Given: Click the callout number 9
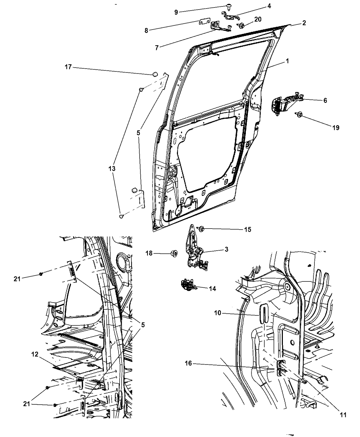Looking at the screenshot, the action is click(x=176, y=12).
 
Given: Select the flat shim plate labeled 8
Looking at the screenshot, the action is click(x=205, y=21).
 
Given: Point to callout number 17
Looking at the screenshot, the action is click(x=68, y=67).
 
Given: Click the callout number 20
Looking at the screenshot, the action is click(x=258, y=19).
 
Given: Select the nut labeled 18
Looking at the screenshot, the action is click(x=175, y=253).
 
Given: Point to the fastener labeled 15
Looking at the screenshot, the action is click(x=201, y=229).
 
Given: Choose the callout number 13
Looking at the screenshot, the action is click(x=112, y=169).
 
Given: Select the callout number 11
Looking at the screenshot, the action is click(x=343, y=415).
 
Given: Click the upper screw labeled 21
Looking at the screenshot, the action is click(x=41, y=274).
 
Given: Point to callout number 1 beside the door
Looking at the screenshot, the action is click(x=287, y=61).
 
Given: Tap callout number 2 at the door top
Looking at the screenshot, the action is click(x=304, y=23).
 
